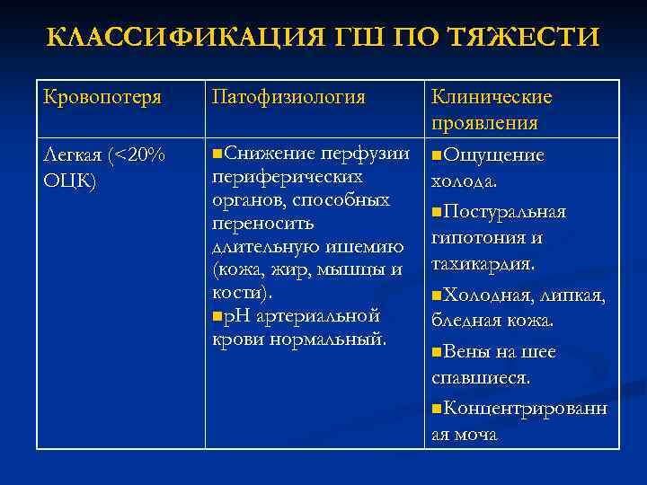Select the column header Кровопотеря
pyautogui.click(x=102, y=97)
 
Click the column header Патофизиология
pyautogui.click(x=288, y=97)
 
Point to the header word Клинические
pyautogui.click(x=492, y=97)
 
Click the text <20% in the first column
pyautogui.click(x=136, y=155)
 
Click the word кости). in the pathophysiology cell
pyautogui.click(x=242, y=293)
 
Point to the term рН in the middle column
pyautogui.click(x=237, y=316)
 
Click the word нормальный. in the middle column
pyautogui.click(x=335, y=339)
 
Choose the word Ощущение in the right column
pyautogui.click(x=493, y=155)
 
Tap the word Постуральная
pyautogui.click(x=504, y=211)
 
